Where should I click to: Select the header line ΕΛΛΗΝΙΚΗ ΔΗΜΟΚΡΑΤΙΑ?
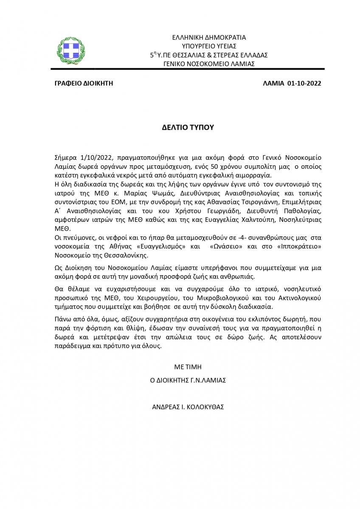(x=209, y=37)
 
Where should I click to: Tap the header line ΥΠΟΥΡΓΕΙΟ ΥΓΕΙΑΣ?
(x=209, y=46)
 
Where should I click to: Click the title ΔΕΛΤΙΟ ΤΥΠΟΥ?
(x=188, y=127)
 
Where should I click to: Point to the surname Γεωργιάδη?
(x=224, y=211)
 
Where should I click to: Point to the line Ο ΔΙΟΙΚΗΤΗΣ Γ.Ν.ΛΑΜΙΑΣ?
(x=188, y=380)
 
